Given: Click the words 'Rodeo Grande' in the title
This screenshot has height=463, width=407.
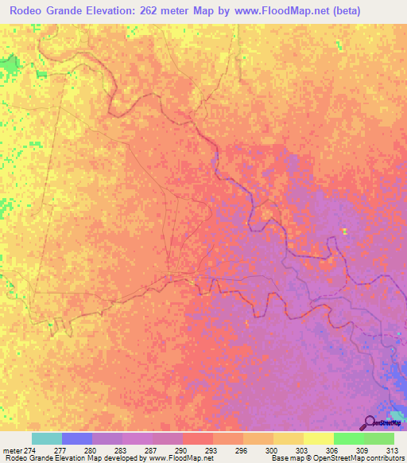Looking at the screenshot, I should [x=46, y=11].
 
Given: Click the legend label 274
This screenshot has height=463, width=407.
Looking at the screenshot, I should [x=33, y=449].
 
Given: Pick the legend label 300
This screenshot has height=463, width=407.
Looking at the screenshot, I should [x=273, y=449].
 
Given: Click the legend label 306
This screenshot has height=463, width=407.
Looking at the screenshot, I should [x=333, y=449].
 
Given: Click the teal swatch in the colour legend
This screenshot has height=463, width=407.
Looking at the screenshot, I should [x=47, y=438].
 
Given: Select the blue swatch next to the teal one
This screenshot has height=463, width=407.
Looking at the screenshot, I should [x=77, y=438].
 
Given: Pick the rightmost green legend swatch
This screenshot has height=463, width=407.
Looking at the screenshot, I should [x=379, y=438].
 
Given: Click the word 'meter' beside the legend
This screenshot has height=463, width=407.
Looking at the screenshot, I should [x=11, y=449].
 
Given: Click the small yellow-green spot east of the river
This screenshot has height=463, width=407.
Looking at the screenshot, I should [x=344, y=231].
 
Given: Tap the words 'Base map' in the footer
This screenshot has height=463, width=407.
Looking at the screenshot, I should [x=285, y=458].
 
